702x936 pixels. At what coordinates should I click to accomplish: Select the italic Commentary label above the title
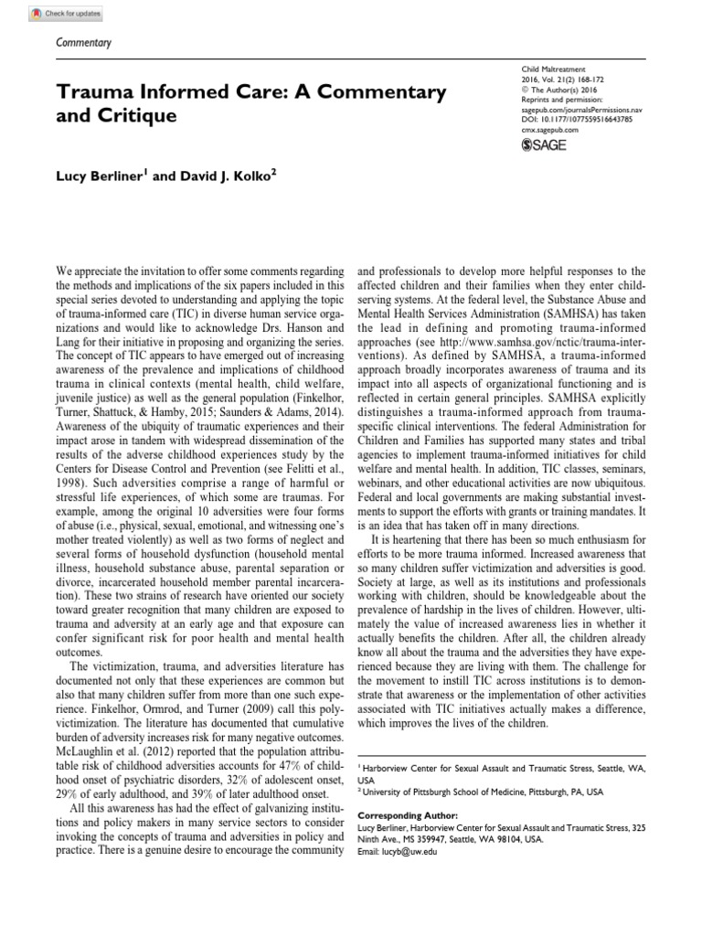pos(83,42)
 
